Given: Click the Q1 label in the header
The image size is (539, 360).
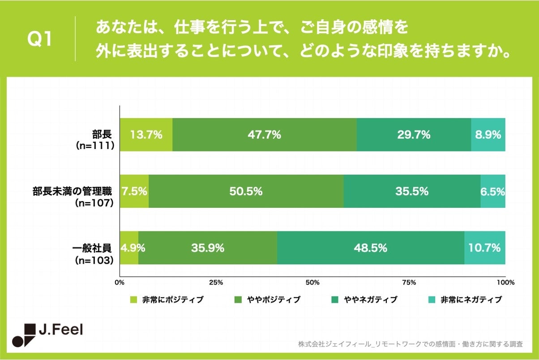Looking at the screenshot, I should (39, 40).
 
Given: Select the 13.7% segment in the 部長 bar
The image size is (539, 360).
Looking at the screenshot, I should (146, 135).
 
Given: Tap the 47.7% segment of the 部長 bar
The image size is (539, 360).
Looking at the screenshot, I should (264, 135).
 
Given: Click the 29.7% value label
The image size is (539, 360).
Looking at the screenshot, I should (414, 135).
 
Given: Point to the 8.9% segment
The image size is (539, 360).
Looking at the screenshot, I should (488, 135).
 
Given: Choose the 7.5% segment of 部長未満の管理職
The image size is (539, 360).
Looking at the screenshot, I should (134, 191).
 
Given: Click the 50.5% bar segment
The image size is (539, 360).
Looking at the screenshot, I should (246, 191).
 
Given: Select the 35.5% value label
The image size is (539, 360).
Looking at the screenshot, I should (412, 191).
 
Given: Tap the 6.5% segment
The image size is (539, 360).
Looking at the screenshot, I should (493, 191).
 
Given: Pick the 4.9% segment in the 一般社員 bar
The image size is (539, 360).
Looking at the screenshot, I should (129, 248).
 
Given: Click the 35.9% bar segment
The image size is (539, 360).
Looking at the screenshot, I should (208, 248).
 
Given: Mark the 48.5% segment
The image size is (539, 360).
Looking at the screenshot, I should (371, 248).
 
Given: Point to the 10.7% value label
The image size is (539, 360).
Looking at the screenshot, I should (485, 248).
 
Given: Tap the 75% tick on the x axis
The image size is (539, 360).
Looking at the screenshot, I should (409, 283).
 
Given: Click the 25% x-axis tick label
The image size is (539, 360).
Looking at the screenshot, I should (216, 283).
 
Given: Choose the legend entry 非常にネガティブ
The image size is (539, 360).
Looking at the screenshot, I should (471, 300).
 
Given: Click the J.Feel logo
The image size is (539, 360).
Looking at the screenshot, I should (47, 334).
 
